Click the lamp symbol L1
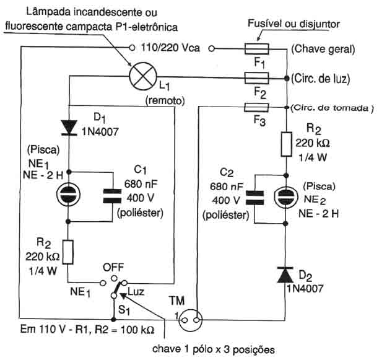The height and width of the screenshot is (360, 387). [x=143, y=76]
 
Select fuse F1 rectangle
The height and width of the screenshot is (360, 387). [x=256, y=49]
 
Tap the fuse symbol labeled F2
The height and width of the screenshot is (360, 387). [x=256, y=78]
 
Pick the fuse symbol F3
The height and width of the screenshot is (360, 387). [x=256, y=107]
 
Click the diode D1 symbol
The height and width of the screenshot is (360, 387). [x=69, y=128]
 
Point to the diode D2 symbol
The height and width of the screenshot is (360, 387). [x=285, y=274]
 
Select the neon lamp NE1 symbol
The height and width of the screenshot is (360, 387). [x=68, y=195]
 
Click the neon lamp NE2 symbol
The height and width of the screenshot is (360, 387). [x=285, y=196]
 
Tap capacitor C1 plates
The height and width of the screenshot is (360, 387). [x=112, y=196]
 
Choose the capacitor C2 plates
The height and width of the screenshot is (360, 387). [x=254, y=198]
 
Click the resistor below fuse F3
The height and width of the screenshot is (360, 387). [x=286, y=144]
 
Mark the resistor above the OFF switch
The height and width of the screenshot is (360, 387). [x=68, y=252]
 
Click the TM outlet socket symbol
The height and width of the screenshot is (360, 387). [x=190, y=320]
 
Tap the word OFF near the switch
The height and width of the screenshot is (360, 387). [x=113, y=268]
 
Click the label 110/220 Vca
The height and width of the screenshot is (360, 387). [x=170, y=48]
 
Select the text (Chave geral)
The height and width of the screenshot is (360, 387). [x=323, y=49]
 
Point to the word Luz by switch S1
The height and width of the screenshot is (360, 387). [x=136, y=292]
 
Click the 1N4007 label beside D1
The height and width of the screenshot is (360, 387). [x=100, y=132]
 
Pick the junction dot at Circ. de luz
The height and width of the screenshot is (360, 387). [x=286, y=79]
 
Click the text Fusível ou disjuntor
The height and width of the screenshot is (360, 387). [x=294, y=24]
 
